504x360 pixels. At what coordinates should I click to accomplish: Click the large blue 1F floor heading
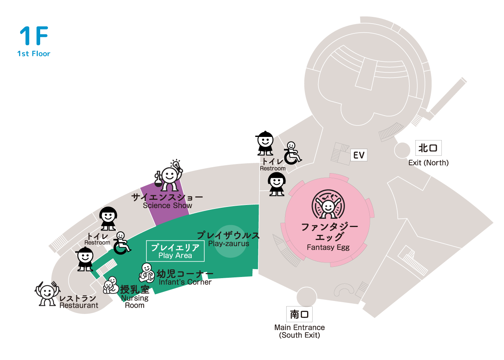pos(34,35)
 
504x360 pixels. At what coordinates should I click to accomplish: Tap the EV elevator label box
pos(359,155)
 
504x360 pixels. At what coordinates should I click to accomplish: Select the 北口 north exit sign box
pos(428,148)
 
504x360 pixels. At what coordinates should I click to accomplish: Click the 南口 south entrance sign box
pos(299,314)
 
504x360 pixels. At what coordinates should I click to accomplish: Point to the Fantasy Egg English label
pos(328,247)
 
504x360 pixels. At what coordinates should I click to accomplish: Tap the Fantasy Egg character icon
pos(328,204)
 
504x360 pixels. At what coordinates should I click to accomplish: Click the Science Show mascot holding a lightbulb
pos(169,175)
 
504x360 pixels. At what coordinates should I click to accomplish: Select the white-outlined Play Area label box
pos(175,251)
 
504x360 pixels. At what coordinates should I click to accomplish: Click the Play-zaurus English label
pos(229,244)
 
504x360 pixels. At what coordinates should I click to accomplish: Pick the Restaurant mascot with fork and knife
pos(47,294)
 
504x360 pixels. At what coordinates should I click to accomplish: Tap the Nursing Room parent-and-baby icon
pos(111,285)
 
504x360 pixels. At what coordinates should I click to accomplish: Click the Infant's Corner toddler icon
pos(146,273)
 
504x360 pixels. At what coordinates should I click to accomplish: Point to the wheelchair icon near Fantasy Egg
pos(293,153)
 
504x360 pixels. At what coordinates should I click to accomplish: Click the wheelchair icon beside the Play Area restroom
pos(122,243)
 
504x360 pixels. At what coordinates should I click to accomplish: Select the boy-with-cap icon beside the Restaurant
pos(85,258)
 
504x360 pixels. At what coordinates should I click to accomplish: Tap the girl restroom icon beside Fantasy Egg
pos(277,184)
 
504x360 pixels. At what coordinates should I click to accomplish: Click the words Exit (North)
pos(428,162)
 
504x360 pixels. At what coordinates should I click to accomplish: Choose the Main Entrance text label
pos(300,327)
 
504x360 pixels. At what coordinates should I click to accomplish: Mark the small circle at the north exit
pos(402,150)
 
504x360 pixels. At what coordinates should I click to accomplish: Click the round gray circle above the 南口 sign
pos(306,297)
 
